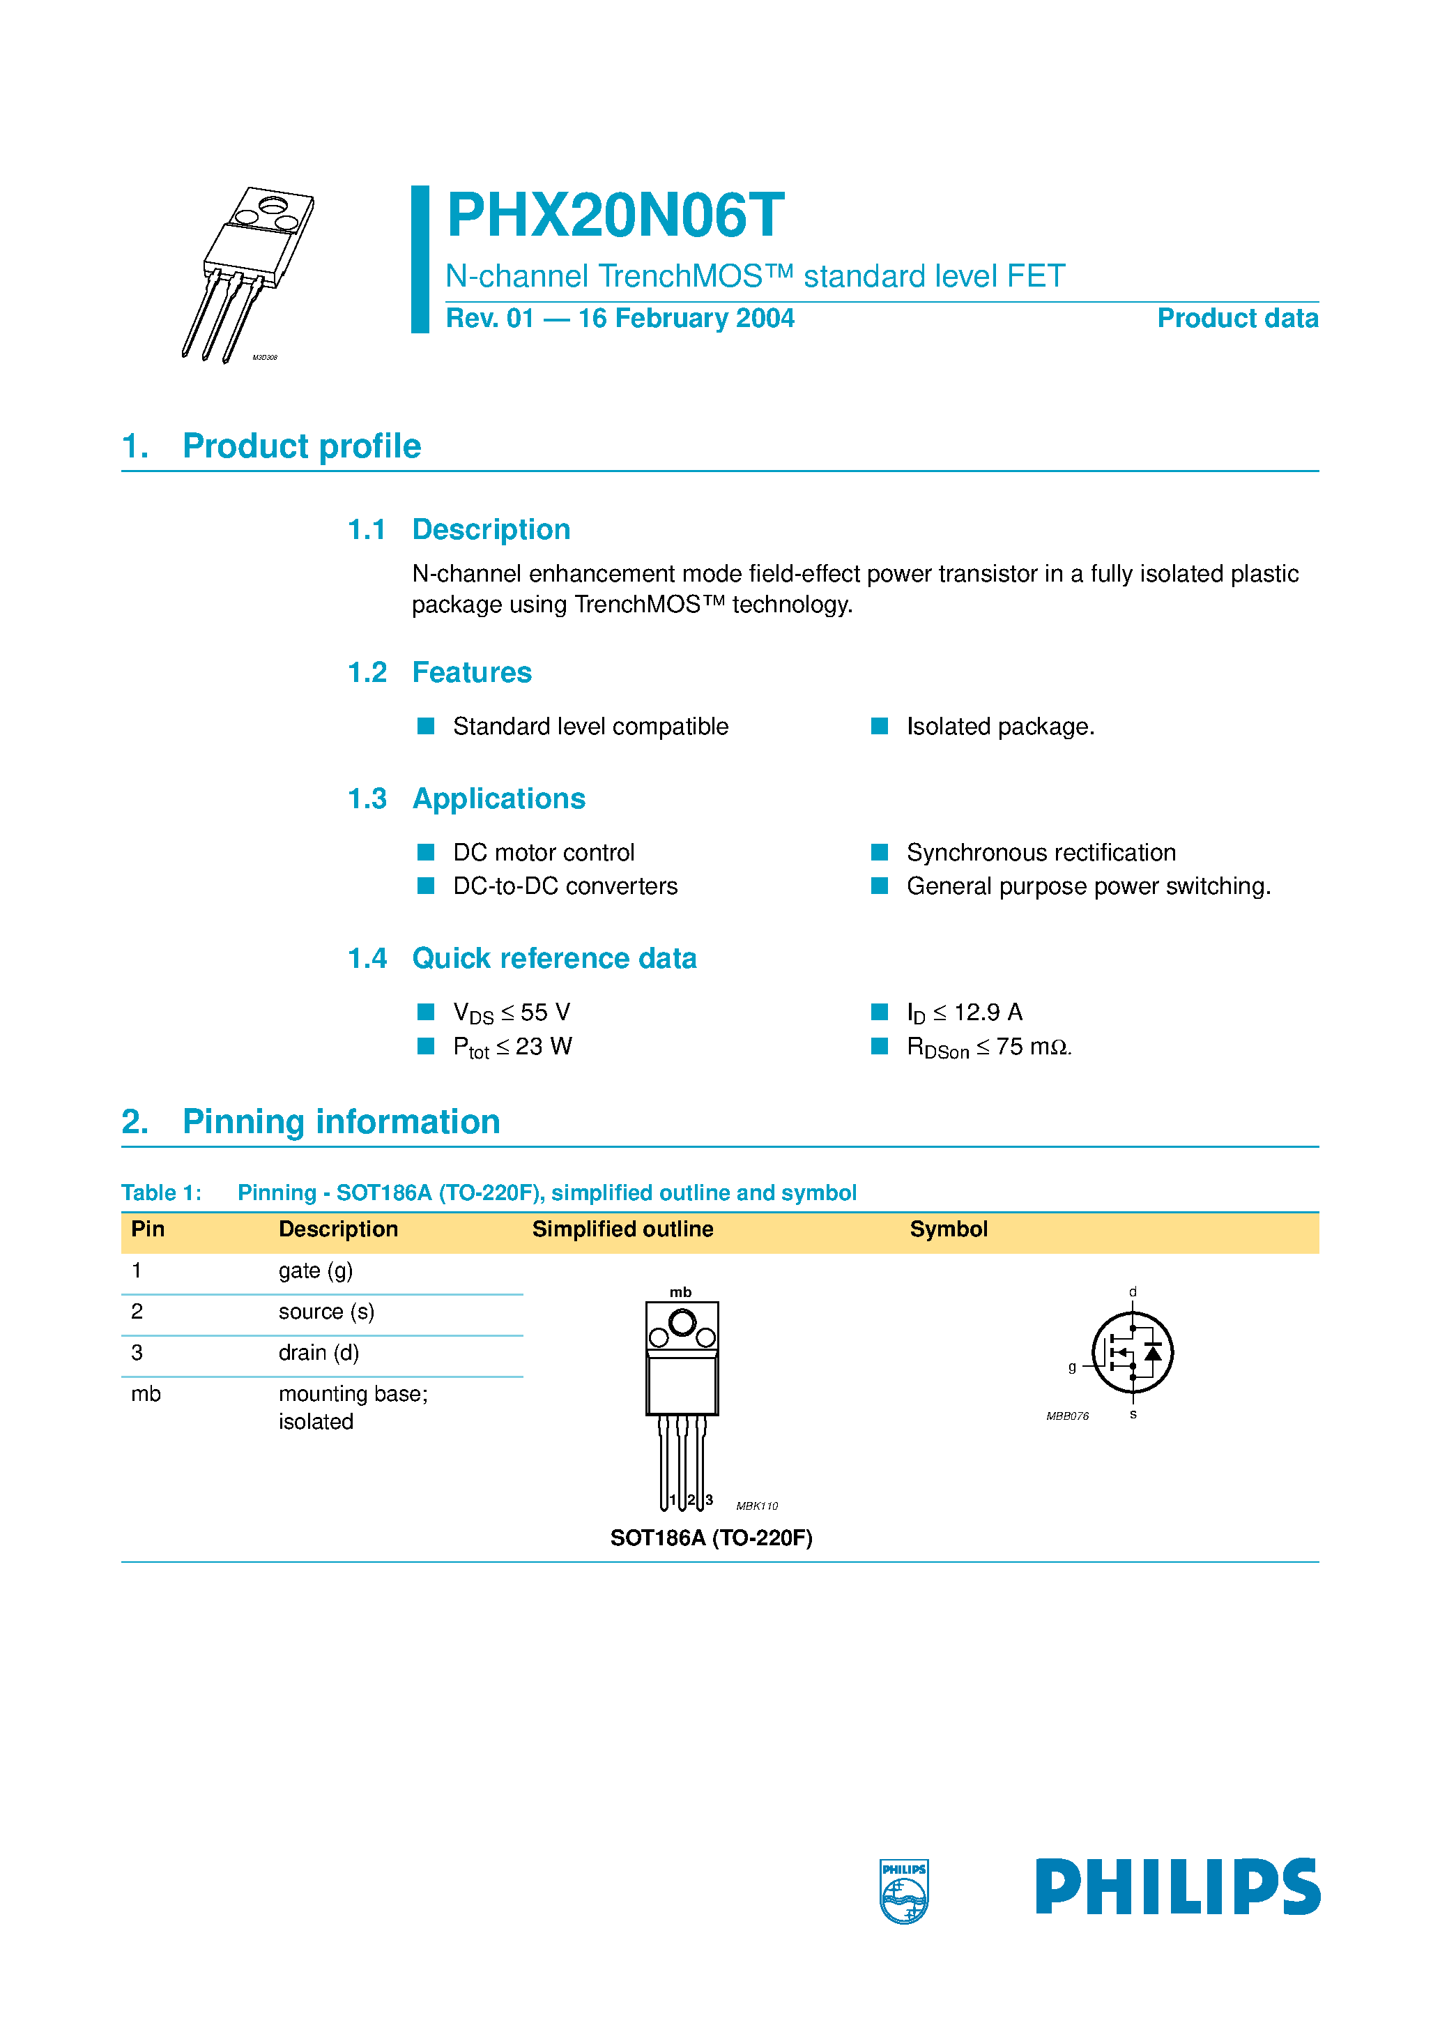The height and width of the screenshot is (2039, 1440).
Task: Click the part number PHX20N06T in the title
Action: pyautogui.click(x=615, y=215)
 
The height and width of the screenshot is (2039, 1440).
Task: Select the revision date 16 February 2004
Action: pyautogui.click(x=685, y=318)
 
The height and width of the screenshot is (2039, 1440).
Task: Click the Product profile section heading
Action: pyautogui.click(x=301, y=446)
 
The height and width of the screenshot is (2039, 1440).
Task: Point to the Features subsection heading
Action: pyautogui.click(x=471, y=672)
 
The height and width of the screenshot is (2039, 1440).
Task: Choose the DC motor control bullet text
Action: pyautogui.click(x=544, y=853)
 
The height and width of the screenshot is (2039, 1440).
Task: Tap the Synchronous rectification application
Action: pyautogui.click(x=1041, y=853)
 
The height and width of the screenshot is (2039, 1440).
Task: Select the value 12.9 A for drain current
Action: pyautogui.click(x=987, y=1013)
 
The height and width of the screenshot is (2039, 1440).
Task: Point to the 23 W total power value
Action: pyautogui.click(x=544, y=1047)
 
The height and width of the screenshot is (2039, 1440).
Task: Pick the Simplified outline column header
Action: pyautogui.click(x=622, y=1229)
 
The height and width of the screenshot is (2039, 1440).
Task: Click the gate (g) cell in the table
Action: pyautogui.click(x=315, y=1271)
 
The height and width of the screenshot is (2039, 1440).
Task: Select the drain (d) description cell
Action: pyautogui.click(x=319, y=1353)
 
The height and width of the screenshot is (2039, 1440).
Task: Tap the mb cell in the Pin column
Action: pyautogui.click(x=146, y=1394)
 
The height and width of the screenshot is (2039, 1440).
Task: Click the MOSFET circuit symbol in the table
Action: pyautogui.click(x=1132, y=1353)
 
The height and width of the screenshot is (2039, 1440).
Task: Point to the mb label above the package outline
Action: pyautogui.click(x=680, y=1292)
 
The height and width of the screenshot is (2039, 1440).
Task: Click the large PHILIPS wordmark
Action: pyautogui.click(x=1177, y=1886)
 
